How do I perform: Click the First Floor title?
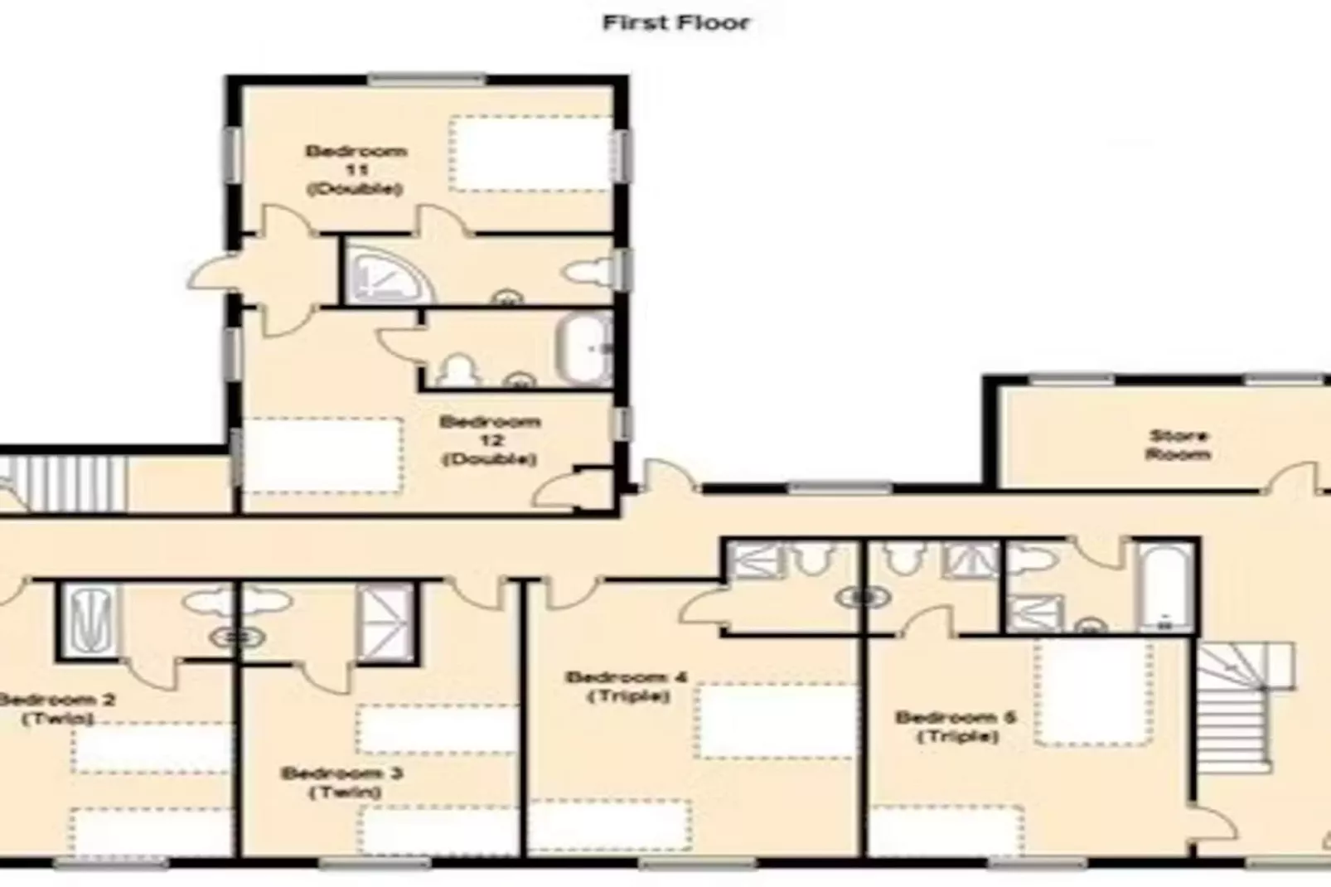coord(675,22)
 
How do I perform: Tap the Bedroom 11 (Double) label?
coord(356,170)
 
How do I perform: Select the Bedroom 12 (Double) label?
coord(490,440)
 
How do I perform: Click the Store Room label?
coord(1178,444)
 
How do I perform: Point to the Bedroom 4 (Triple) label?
coord(627,686)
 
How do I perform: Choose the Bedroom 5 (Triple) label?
coord(956,726)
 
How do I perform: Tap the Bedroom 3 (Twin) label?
coord(343,783)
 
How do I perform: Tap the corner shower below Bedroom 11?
coord(388,273)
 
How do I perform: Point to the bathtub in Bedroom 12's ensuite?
coord(583,349)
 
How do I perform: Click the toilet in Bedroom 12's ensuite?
coord(458,371)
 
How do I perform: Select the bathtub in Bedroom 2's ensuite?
coord(89,619)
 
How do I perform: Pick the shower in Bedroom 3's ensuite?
coord(384,622)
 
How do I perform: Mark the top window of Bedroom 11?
coord(426,80)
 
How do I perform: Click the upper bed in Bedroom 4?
coord(775,720)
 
